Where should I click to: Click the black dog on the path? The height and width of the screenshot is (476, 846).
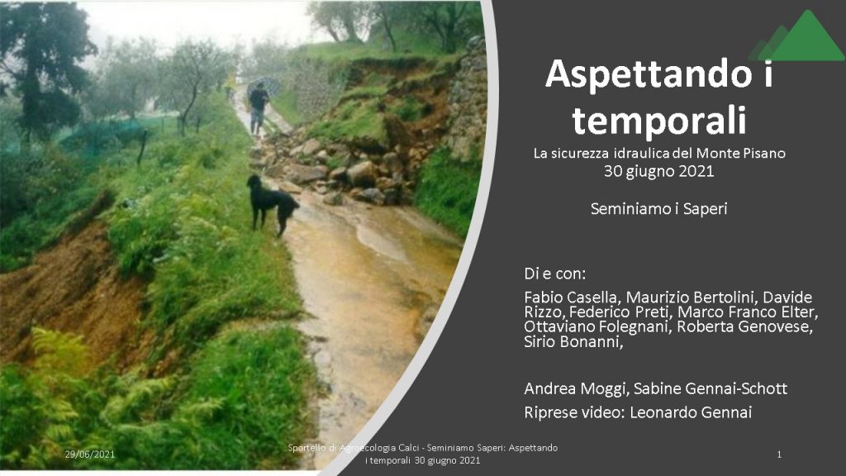[x=271, y=203]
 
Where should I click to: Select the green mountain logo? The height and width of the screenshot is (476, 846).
[x=797, y=36]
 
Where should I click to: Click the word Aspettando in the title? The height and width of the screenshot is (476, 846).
[x=649, y=74]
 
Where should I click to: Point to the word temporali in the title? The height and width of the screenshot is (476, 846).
[x=659, y=121]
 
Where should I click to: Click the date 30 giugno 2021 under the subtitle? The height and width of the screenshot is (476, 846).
[x=658, y=172]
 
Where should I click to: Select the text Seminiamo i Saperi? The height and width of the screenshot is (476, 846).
[x=658, y=209]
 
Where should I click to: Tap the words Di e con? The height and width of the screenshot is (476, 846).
[x=554, y=274]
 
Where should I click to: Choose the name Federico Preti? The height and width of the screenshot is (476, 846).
[x=620, y=312]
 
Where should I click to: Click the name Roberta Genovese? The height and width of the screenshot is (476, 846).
[x=744, y=326]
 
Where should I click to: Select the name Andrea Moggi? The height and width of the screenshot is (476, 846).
[x=576, y=388]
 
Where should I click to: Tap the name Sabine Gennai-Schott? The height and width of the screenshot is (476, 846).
[x=711, y=388]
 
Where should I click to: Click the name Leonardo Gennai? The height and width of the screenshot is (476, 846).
[x=691, y=412]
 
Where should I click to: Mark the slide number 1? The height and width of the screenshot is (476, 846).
[x=778, y=455]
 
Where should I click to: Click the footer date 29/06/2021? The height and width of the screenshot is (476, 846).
[x=89, y=455]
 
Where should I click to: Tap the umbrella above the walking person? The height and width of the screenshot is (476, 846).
[x=264, y=85]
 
